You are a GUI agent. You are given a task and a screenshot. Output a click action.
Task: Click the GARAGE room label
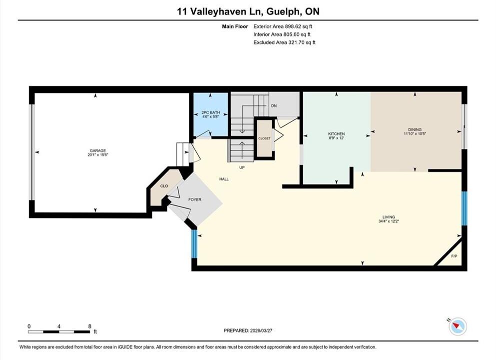pyautogui.click(x=97, y=150)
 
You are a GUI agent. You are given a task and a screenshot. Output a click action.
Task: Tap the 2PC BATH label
pyautogui.click(x=211, y=112)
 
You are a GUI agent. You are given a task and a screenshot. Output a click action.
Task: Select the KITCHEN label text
pyautogui.click(x=336, y=134)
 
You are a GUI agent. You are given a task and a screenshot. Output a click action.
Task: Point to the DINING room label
pyautogui.click(x=415, y=129)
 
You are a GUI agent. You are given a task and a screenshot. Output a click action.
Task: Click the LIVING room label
pyautogui.click(x=389, y=217)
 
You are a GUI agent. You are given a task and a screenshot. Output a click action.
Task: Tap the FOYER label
pyautogui.click(x=195, y=199)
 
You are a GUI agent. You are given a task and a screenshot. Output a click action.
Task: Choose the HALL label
pyautogui.click(x=224, y=179)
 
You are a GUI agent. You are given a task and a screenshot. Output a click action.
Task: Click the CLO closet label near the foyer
pyautogui.click(x=164, y=186)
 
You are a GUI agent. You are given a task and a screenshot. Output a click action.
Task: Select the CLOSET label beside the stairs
pyautogui.click(x=264, y=138)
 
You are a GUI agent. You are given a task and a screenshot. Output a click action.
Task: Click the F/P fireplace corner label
pyautogui.click(x=454, y=256)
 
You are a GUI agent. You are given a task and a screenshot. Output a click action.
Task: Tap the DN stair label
pyautogui.click(x=274, y=106)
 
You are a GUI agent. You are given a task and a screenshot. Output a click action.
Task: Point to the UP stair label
pyautogui.click(x=242, y=167)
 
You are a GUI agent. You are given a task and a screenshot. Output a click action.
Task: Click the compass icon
pyautogui.click(x=458, y=326)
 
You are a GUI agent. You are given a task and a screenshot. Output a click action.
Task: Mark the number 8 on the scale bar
pyautogui.click(x=89, y=326)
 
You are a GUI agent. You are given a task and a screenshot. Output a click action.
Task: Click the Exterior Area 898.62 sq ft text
pyautogui.click(x=283, y=26)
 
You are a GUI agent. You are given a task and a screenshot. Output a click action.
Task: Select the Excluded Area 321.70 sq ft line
pyautogui.click(x=284, y=42)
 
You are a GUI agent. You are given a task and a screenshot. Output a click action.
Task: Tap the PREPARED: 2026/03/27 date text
pyautogui.click(x=248, y=330)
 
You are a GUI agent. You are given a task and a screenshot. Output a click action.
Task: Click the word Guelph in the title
pyautogui.click(x=283, y=11)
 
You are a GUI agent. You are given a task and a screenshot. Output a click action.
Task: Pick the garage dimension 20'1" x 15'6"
pyautogui.click(x=98, y=155)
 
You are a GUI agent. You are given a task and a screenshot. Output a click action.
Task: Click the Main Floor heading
pyautogui.click(x=235, y=26)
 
